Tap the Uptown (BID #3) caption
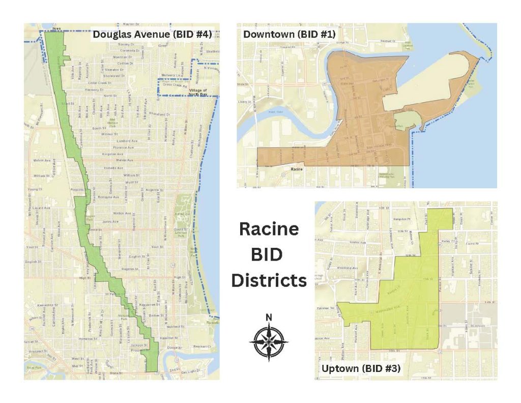click(x=360, y=368)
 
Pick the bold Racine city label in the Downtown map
click(x=297, y=167)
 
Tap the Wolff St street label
click(x=131, y=182)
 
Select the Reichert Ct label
click(x=201, y=347)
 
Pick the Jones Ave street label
click(x=110, y=222)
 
